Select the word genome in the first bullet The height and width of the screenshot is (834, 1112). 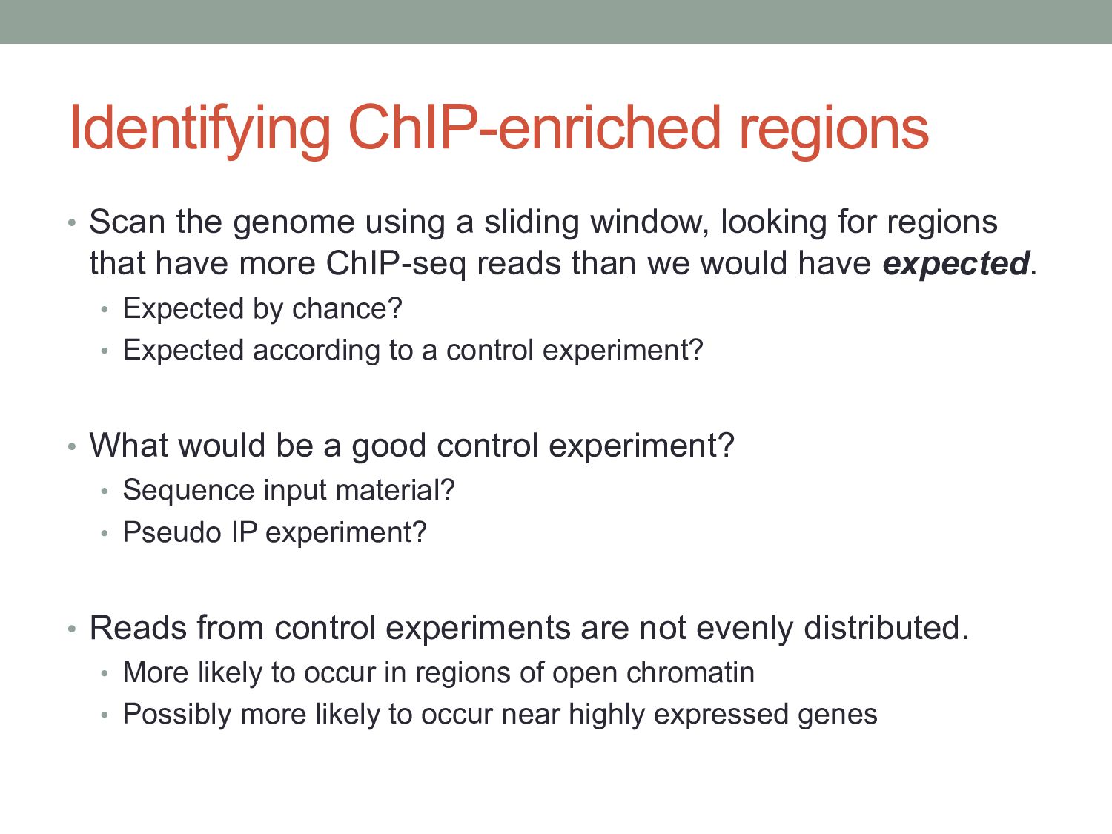pyautogui.click(x=294, y=223)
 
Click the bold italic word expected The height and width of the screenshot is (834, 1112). pyautogui.click(x=956, y=264)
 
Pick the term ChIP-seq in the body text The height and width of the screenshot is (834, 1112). pyautogui.click(x=395, y=265)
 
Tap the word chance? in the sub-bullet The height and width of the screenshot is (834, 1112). pyautogui.click(x=347, y=308)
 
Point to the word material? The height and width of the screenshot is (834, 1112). pyautogui.click(x=394, y=490)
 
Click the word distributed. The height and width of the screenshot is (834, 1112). pyautogui.click(x=886, y=628)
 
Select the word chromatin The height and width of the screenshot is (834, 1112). pyautogui.click(x=690, y=673)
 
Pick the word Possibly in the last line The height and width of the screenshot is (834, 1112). pyautogui.click(x=176, y=715)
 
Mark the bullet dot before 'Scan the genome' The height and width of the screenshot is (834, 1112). pyautogui.click(x=72, y=223)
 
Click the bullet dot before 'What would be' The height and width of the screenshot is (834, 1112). pyautogui.click(x=72, y=446)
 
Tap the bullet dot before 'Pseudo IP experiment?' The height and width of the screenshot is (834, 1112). pyautogui.click(x=105, y=533)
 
